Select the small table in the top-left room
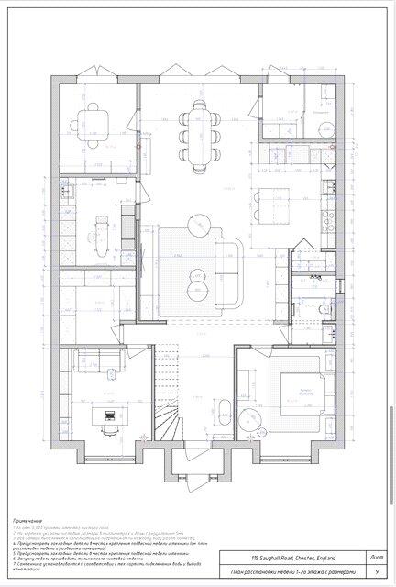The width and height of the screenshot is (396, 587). coord(94,120)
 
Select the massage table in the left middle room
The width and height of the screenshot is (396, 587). coord(103,229)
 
